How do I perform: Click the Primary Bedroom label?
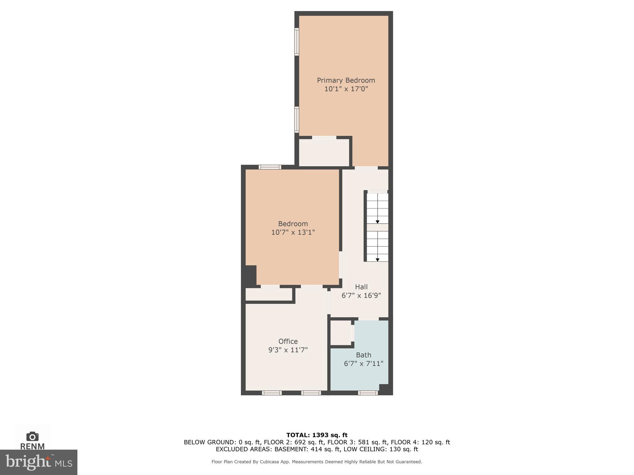point(346,80)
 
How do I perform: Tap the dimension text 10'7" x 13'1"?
point(293,232)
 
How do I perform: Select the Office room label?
point(288,341)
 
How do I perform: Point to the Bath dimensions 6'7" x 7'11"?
point(363,364)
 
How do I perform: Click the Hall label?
point(361,287)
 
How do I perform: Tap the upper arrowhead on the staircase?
point(377,222)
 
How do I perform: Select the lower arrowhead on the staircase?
point(377,260)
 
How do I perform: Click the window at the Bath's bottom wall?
point(368,393)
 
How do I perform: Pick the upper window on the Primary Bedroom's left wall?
point(297,42)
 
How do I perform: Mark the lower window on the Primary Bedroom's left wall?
point(297,120)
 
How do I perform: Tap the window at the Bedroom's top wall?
point(270,167)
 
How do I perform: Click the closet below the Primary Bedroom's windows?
point(324,152)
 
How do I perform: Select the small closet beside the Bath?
point(341,332)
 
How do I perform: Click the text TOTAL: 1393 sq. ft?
point(317,435)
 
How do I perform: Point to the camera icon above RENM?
point(32,437)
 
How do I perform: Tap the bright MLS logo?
point(38,462)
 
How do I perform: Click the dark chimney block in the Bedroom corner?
point(250,276)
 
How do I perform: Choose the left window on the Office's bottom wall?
point(271,393)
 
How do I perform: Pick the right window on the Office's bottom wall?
point(311,393)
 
